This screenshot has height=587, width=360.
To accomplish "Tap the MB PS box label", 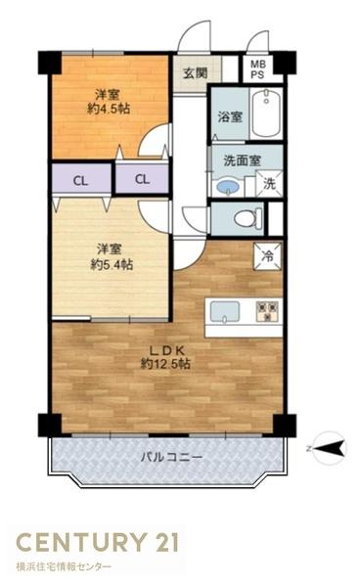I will coord(257,69).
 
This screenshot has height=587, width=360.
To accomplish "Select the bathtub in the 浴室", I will coord(265,115).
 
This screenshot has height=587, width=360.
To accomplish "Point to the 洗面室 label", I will coord(239,160).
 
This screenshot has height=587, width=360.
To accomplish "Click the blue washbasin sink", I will coord(227,186).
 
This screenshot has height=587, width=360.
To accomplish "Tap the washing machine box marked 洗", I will coord(269,184).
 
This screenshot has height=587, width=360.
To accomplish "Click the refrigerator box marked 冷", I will coord(267,256).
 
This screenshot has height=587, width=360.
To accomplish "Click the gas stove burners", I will coord(267,311).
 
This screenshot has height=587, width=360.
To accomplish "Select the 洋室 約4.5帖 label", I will coord(110,103).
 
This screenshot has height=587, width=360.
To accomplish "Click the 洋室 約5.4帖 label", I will coord(110,256).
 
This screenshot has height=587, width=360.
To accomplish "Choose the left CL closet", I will coord(78,180).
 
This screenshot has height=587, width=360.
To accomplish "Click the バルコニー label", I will coord(170,457).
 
